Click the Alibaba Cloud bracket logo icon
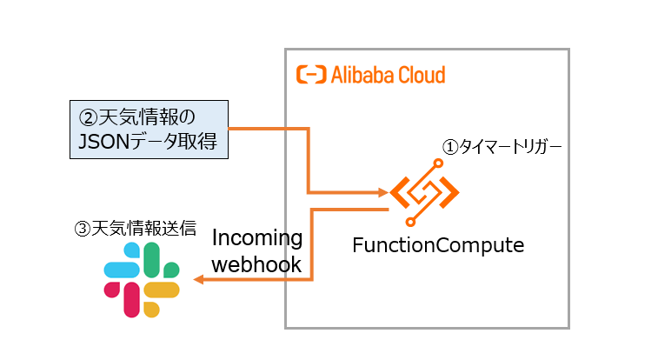(x=310, y=75)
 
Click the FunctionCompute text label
(x=438, y=245)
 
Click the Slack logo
(x=142, y=279)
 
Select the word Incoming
(x=257, y=238)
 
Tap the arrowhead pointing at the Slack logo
(x=199, y=280)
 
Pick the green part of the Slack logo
(x=153, y=258)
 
